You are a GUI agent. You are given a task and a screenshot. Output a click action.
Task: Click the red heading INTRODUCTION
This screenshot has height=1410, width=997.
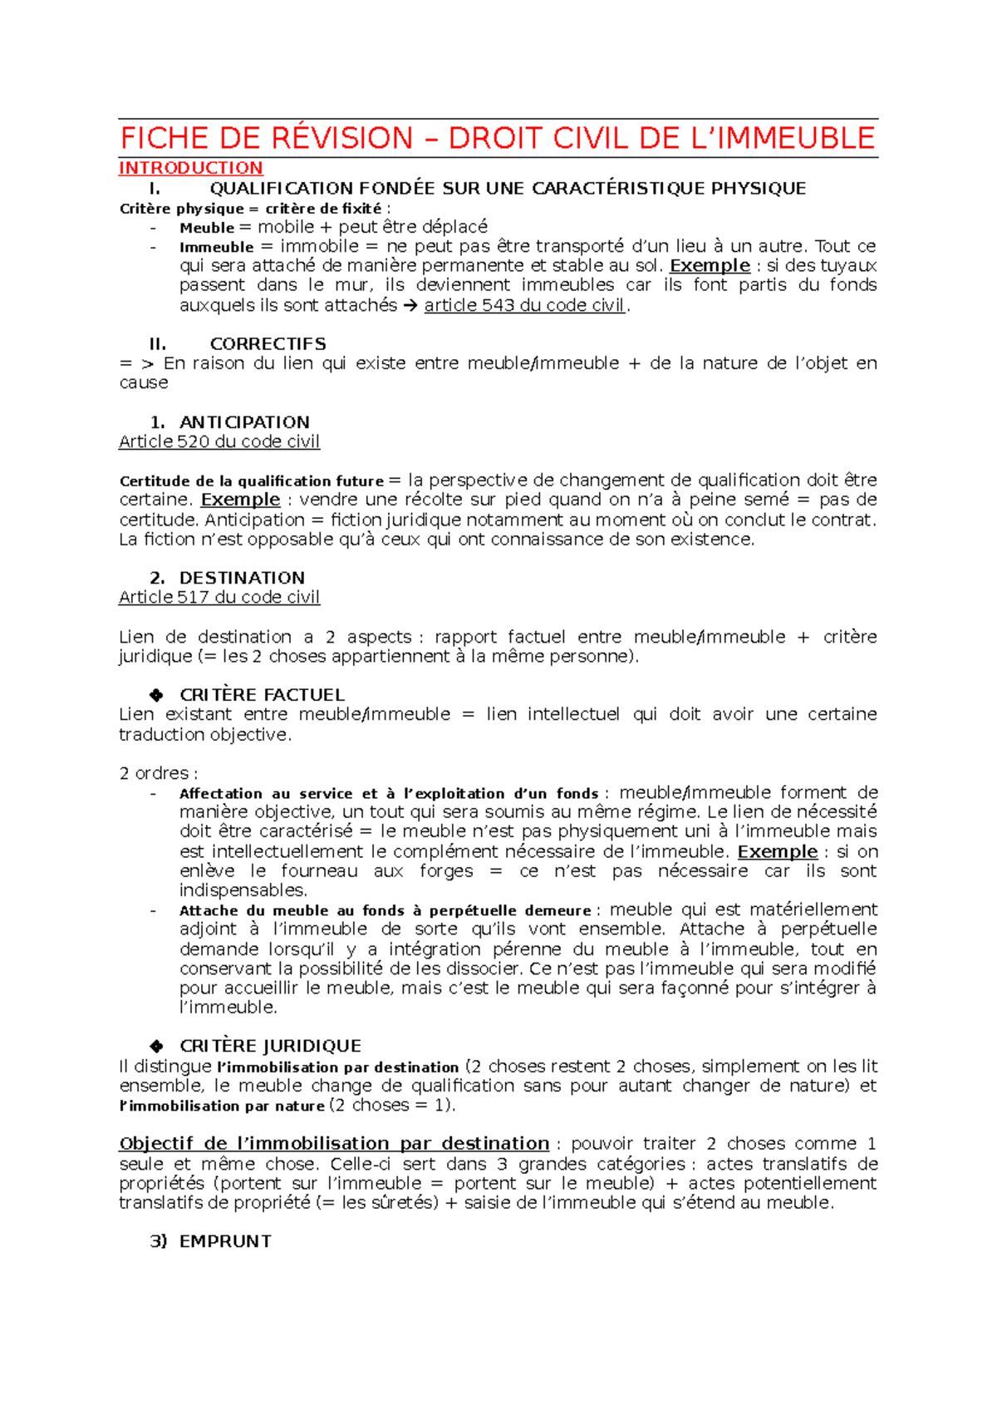pos(190,168)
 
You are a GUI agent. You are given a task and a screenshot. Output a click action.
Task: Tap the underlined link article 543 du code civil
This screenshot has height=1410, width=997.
pos(524,305)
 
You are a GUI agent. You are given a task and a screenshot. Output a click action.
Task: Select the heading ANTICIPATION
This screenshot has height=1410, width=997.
pos(244,422)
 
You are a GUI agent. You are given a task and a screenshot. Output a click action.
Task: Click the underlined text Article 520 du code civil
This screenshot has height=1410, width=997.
pos(219,441)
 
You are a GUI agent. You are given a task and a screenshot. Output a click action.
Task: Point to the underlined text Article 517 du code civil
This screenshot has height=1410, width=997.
pos(219,597)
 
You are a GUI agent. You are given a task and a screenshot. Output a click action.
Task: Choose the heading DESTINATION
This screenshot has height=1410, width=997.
pos(242,578)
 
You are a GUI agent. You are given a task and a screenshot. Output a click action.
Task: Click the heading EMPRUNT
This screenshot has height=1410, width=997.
pos(225,1241)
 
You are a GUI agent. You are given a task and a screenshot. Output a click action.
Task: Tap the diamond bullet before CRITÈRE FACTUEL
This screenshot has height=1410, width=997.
pos(156,695)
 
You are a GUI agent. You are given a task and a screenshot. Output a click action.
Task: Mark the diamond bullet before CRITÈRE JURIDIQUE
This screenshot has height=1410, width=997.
pos(156,1047)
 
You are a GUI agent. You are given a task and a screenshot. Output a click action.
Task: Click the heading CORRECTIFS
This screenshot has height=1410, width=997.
pos(268,344)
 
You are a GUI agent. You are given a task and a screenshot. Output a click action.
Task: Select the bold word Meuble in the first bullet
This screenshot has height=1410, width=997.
pos(207,228)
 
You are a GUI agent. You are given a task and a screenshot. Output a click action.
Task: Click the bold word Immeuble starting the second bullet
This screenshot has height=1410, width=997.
pos(216,247)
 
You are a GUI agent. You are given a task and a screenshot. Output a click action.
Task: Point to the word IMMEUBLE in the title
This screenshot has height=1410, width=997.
pos(795,138)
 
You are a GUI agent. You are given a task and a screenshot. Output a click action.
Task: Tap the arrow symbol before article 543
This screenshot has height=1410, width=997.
pos(410,305)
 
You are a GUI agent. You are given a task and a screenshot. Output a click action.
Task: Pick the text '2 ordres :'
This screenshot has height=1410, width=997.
pos(159,773)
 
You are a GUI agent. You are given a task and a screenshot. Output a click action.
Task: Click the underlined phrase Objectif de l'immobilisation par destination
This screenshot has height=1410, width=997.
pos(334,1144)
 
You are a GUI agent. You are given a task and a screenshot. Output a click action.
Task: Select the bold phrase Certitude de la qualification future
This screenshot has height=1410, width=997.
pos(252,481)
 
